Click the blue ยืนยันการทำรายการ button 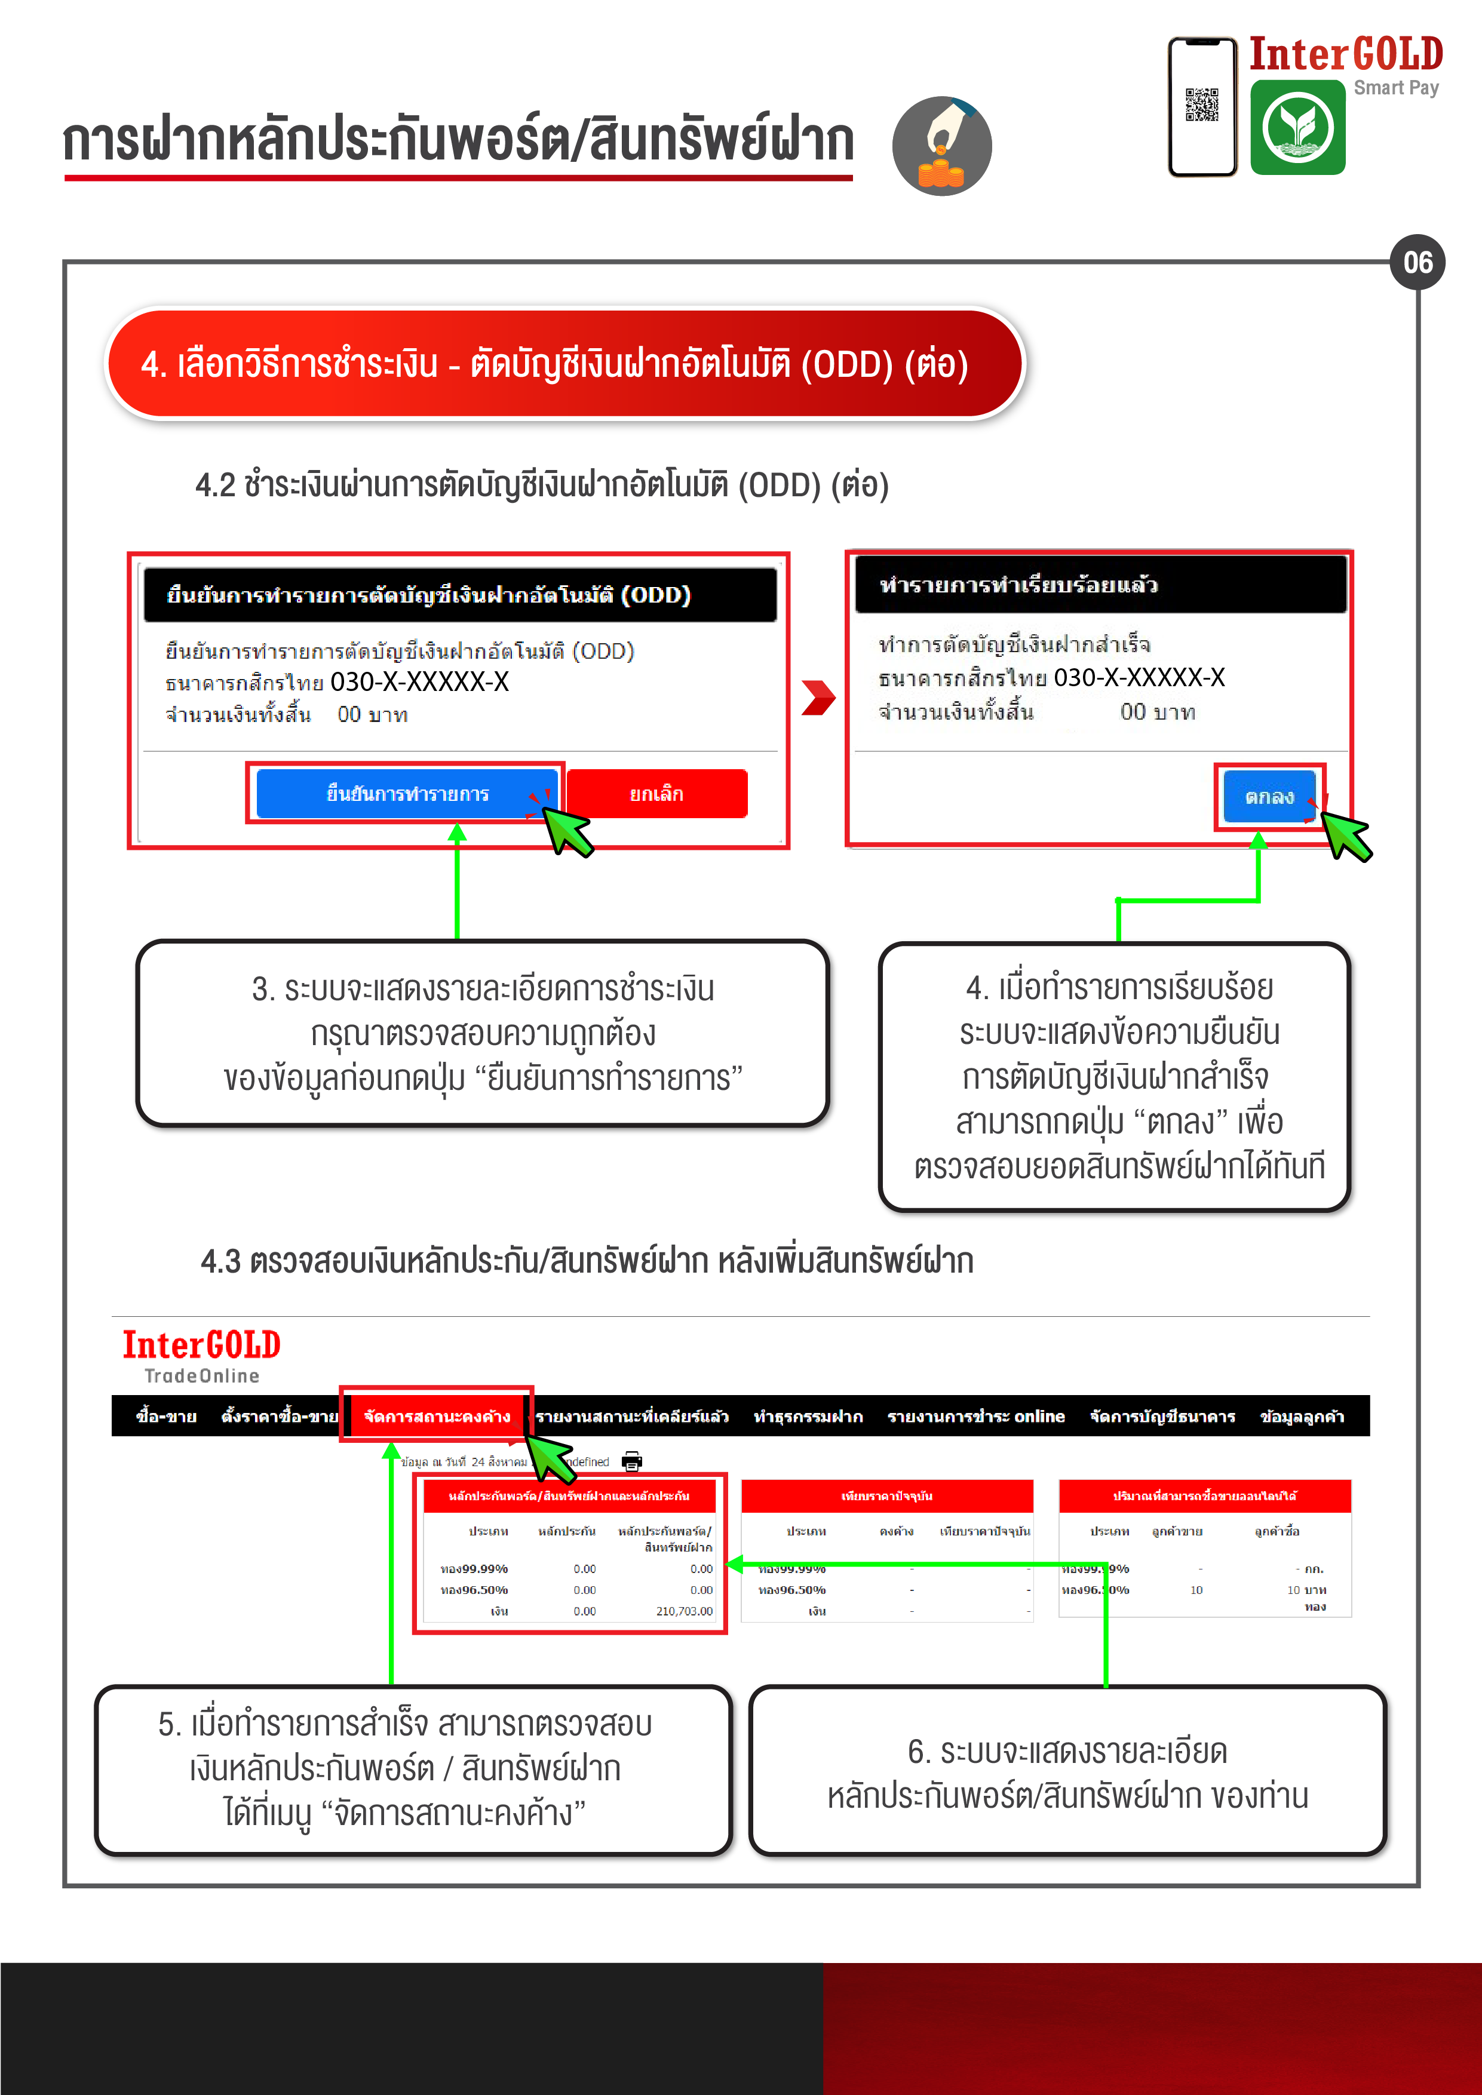point(407,794)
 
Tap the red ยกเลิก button point(656,794)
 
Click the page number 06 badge point(1417,263)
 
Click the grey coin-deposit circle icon point(942,146)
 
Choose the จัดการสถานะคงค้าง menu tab point(436,1416)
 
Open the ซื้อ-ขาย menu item point(166,1416)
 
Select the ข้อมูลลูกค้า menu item point(1302,1416)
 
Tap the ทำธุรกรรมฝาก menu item point(808,1416)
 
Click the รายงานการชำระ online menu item point(975,1416)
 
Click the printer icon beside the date point(631,1461)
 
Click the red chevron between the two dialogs point(818,698)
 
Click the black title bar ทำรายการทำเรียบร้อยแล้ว point(1100,585)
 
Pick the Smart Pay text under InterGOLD point(1395,88)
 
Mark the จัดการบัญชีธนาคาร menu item point(1162,1416)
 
